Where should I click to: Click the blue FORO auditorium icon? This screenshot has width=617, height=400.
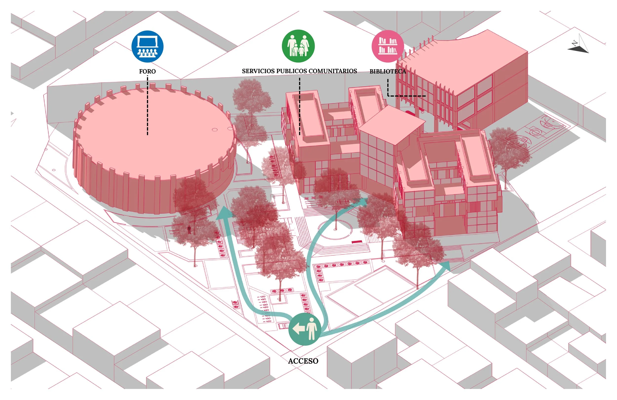tap(147, 46)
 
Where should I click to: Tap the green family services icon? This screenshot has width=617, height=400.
tap(298, 46)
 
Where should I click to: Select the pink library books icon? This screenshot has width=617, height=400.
tap(387, 46)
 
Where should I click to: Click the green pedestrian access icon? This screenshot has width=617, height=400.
tap(305, 329)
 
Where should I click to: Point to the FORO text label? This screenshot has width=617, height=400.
tap(147, 71)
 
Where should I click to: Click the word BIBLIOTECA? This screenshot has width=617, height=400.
tap(387, 71)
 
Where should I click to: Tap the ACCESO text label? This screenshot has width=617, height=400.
tap(303, 361)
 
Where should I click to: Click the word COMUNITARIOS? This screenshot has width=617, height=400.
tap(333, 71)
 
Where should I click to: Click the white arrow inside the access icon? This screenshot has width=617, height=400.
tap(298, 329)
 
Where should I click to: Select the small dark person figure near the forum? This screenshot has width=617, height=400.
tap(189, 230)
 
